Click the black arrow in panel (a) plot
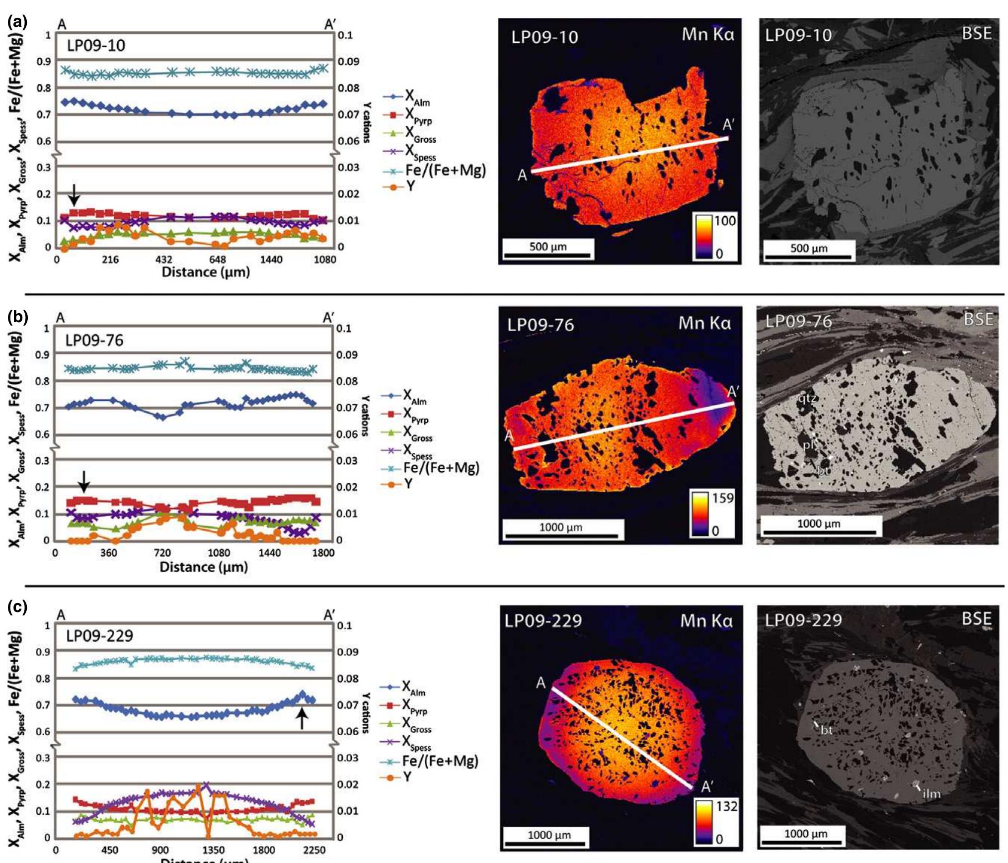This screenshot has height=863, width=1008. tap(74, 194)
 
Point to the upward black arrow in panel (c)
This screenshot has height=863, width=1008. tap(301, 719)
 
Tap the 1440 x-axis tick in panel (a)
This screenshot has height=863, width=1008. tap(271, 259)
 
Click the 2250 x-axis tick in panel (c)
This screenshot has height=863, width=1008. tap(314, 851)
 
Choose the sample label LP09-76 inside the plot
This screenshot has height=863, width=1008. tap(94, 341)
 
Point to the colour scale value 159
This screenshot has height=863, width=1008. tap(722, 498)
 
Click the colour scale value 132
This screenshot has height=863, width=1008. tap(726, 806)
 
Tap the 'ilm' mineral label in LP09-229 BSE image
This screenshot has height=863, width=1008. tap(931, 794)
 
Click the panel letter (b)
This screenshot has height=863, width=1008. tap(18, 317)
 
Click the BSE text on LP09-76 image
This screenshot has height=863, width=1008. tap(978, 319)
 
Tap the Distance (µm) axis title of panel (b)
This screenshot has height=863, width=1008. tap(204, 567)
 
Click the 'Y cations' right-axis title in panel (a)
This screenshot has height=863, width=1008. tap(366, 122)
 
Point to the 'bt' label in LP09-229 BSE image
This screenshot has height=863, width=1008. tap(826, 730)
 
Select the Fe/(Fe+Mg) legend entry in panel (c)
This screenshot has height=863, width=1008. tap(440, 761)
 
